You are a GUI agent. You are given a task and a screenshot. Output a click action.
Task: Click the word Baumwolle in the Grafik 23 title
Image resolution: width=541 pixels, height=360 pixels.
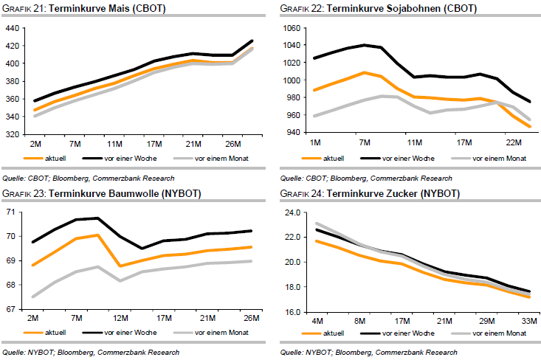click(122, 194)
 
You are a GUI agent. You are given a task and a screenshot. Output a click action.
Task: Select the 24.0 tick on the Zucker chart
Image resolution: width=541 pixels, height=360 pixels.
click(293, 212)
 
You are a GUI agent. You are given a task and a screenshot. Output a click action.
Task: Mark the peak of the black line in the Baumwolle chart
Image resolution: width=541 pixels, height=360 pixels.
click(97, 218)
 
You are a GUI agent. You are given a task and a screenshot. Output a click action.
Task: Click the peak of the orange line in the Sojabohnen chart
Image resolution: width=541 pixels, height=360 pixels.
click(363, 72)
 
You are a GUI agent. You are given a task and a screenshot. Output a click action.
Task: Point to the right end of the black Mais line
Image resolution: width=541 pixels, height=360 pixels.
click(252, 41)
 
